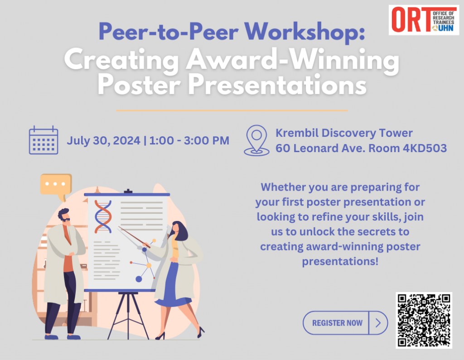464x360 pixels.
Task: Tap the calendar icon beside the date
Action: tap(43, 140)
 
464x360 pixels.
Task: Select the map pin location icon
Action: tap(256, 140)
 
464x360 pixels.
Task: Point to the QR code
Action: tap(424, 320)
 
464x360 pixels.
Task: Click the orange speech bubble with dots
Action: tap(56, 184)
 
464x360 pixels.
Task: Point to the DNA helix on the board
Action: tap(103, 216)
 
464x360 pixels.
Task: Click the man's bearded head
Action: tap(64, 217)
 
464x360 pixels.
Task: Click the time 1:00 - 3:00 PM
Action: tap(189, 141)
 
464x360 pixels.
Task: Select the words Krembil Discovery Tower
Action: tap(344, 133)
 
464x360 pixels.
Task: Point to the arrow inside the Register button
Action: tap(378, 323)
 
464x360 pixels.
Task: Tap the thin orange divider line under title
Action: tap(232, 110)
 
